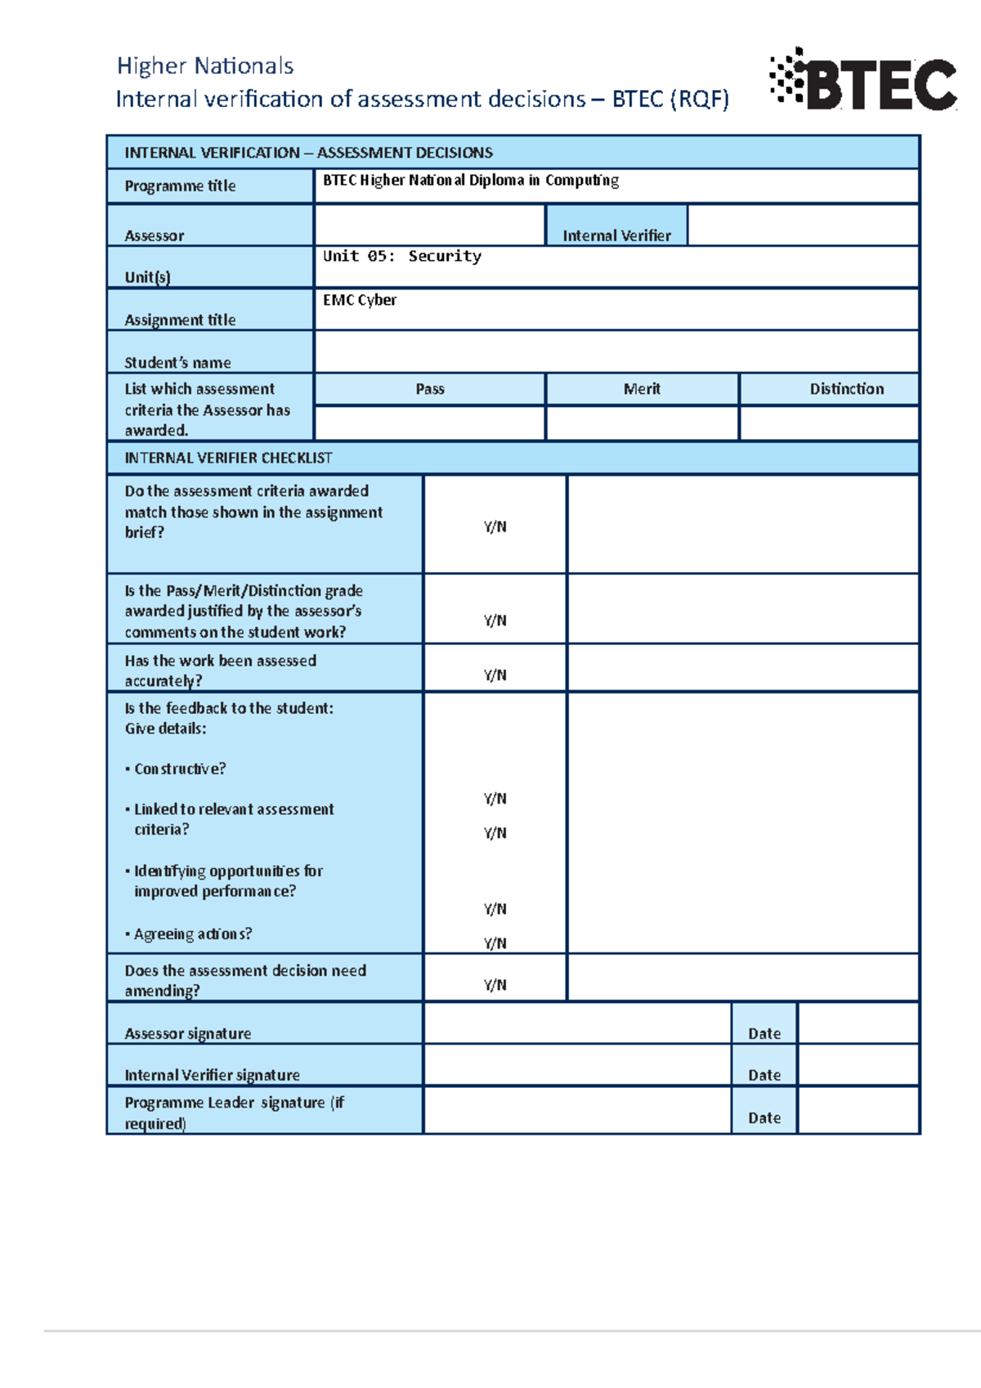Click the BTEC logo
(x=863, y=80)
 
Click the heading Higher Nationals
(x=205, y=66)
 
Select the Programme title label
(x=180, y=186)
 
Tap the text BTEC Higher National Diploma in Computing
(x=470, y=181)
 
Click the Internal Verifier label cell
(x=616, y=235)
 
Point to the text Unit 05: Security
(x=401, y=257)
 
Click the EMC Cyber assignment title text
(x=360, y=300)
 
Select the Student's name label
(x=177, y=362)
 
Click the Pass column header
(x=430, y=389)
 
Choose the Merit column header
(x=642, y=389)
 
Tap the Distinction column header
(x=847, y=389)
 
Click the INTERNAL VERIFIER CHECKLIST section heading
(x=228, y=458)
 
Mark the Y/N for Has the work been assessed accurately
(x=495, y=675)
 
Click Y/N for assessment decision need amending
(x=495, y=985)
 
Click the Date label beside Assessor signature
(x=764, y=1034)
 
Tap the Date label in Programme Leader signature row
(x=764, y=1118)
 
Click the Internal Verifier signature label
(x=212, y=1076)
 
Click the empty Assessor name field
(x=429, y=226)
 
